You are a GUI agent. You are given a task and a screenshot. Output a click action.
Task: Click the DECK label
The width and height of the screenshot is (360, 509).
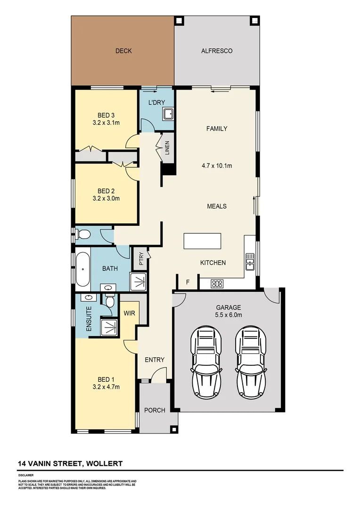click(x=123, y=51)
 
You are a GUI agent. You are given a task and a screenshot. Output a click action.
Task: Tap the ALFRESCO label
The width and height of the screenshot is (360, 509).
click(x=217, y=51)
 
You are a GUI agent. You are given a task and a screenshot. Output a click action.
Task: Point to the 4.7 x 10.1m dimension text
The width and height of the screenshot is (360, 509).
click(x=217, y=166)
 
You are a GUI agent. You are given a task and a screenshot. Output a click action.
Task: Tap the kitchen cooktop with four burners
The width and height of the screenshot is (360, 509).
click(x=217, y=284)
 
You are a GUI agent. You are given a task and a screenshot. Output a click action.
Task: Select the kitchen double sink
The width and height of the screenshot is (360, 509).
click(x=250, y=261)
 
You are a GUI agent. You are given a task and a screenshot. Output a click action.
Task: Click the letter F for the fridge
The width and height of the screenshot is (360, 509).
click(x=188, y=283)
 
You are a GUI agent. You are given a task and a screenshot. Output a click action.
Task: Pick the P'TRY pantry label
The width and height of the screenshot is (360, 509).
click(x=140, y=260)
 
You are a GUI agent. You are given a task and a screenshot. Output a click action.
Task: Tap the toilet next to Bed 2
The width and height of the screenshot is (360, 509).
click(x=84, y=234)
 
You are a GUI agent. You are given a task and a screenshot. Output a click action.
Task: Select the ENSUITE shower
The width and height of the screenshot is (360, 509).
click(x=109, y=326)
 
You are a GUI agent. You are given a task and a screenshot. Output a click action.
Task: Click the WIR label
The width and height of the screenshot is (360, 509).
click(x=130, y=313)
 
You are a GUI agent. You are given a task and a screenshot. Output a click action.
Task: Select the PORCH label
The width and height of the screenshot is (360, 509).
click(x=155, y=410)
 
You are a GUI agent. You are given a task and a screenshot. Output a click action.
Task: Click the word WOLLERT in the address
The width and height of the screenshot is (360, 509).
click(x=105, y=464)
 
